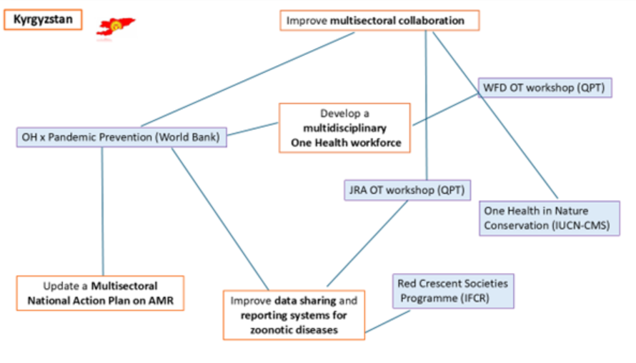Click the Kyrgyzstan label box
43,19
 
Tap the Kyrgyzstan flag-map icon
116,27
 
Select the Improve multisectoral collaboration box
379,21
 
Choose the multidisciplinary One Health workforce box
344,128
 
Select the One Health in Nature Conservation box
549,219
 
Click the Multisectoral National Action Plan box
100,293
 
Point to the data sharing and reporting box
294,314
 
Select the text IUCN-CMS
588,226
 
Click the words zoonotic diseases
294,329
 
